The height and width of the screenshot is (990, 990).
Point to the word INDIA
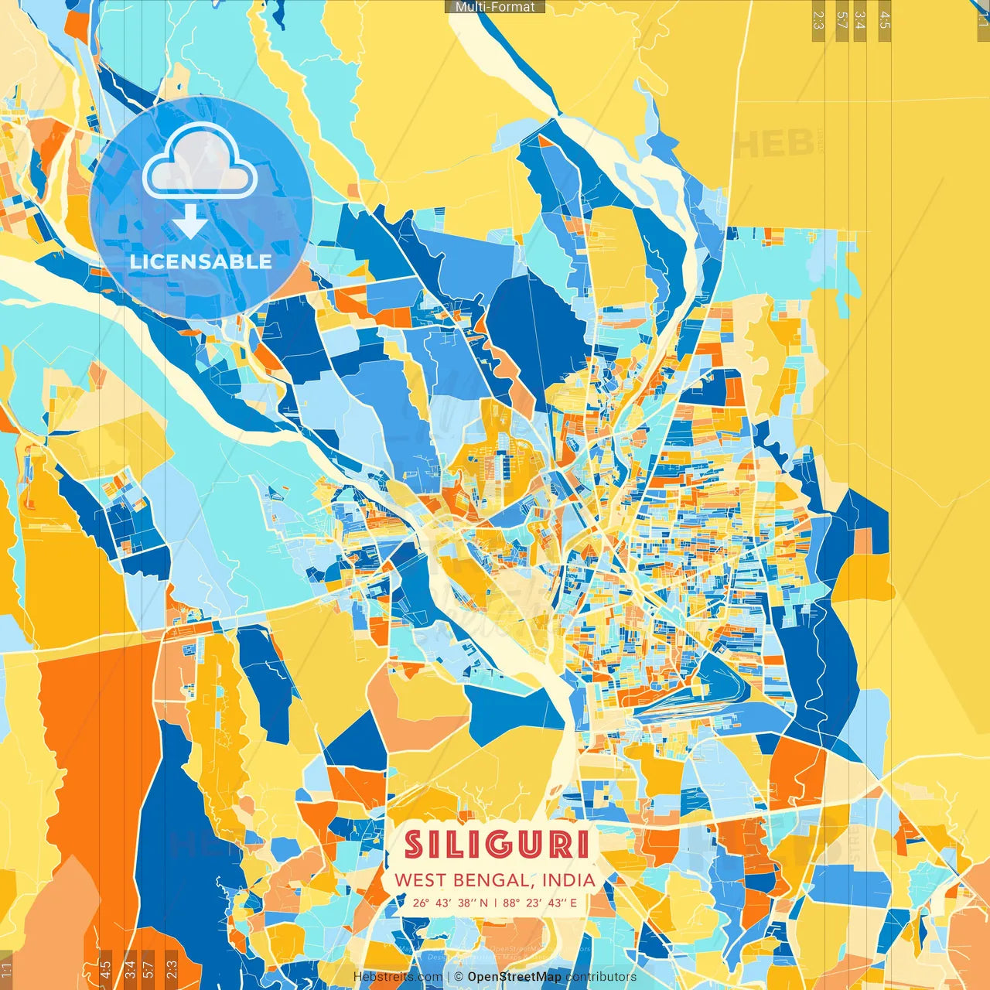(568, 880)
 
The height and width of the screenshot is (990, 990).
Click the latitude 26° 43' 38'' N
(450, 903)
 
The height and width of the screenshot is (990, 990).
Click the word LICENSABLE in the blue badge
(200, 261)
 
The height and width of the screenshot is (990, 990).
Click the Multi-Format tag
(495, 7)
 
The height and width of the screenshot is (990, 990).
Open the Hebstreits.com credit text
(398, 977)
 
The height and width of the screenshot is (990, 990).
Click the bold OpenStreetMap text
(514, 977)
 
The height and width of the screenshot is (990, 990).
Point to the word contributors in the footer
(601, 977)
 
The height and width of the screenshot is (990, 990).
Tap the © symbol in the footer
(459, 977)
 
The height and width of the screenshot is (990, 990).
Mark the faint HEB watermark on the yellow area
(773, 143)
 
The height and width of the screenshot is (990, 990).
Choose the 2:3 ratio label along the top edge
(818, 20)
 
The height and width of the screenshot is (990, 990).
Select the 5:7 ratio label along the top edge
(841, 20)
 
